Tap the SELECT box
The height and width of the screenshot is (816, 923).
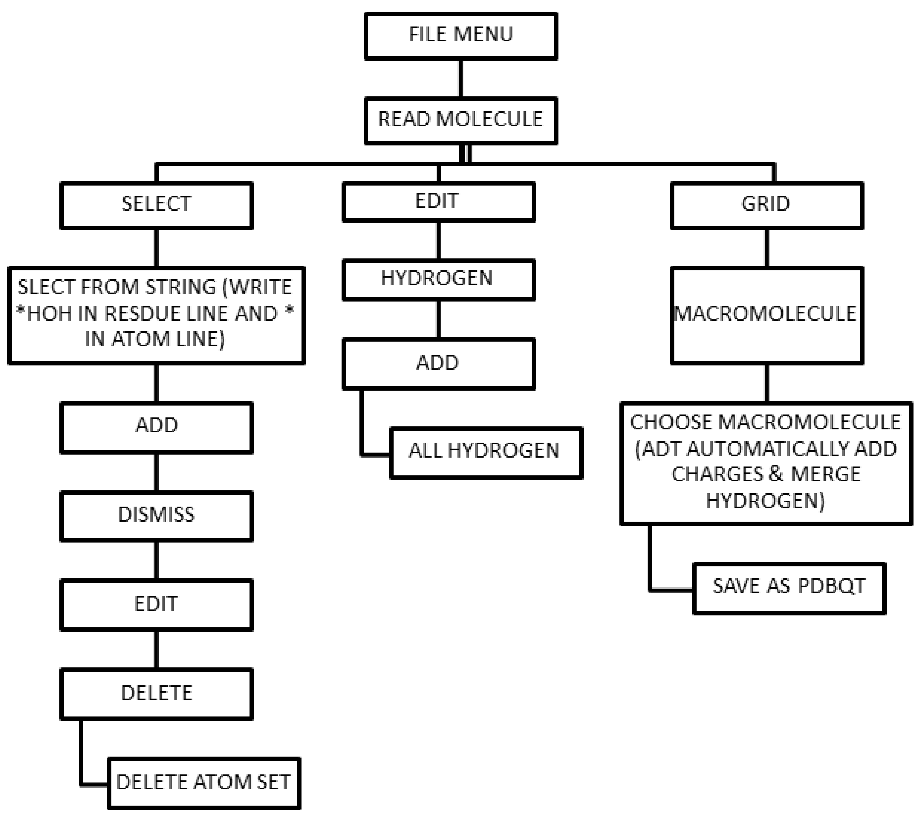coord(156,205)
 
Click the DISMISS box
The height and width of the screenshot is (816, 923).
coord(156,515)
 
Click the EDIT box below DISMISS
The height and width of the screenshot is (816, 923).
coord(156,604)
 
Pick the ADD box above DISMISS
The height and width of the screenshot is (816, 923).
coord(156,426)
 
